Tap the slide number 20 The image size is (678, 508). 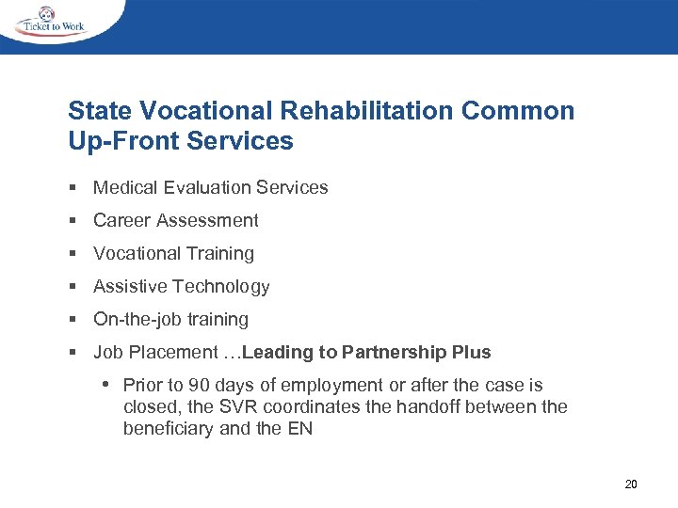tap(631, 484)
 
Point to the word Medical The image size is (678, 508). tap(125, 187)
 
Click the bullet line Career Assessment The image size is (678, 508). tap(175, 220)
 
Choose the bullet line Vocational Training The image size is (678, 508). tap(173, 253)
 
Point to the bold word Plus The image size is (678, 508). tap(471, 352)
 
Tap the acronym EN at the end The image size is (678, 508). tap(300, 428)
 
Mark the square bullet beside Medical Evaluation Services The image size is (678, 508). tap(72, 187)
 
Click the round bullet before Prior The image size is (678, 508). tap(108, 385)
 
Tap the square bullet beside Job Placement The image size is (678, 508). tap(72, 352)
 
